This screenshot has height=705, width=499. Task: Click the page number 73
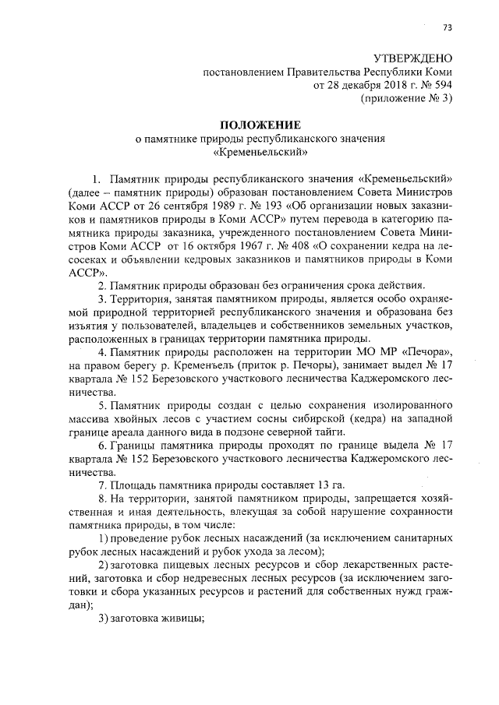[447, 29]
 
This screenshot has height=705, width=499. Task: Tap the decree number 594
[441, 85]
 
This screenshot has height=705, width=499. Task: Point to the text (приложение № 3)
[405, 98]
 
